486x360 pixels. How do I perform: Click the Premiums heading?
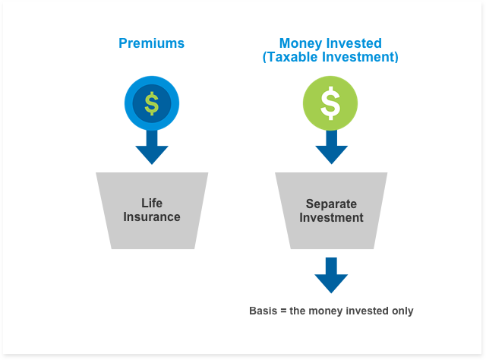152,43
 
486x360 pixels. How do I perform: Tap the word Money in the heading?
301,44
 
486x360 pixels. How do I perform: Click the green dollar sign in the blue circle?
152,103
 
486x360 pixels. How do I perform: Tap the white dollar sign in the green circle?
330,103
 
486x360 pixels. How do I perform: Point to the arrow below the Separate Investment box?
331,275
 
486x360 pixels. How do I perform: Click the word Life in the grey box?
152,203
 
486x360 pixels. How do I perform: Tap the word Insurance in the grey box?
152,216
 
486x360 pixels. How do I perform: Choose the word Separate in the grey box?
331,204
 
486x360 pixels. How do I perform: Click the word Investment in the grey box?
331,217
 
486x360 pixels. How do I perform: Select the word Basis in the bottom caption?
264,311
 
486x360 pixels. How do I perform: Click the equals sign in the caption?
283,311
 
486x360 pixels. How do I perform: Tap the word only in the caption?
402,311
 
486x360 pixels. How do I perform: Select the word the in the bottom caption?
298,311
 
